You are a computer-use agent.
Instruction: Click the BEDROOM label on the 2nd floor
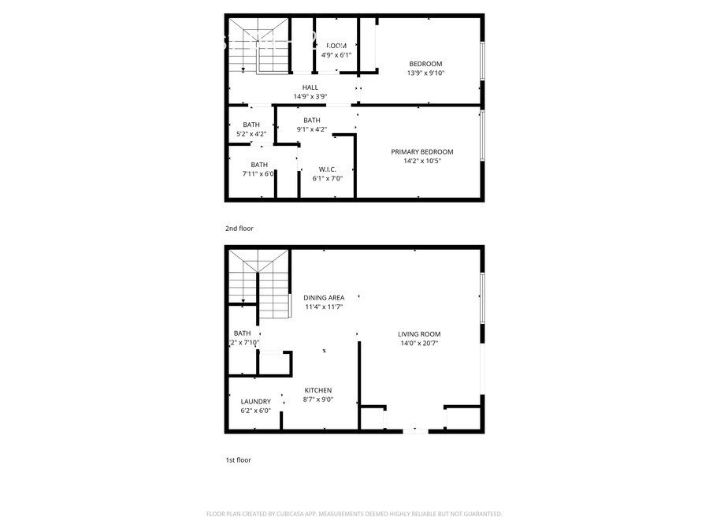click(x=425, y=64)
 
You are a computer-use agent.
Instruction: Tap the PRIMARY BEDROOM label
click(x=422, y=152)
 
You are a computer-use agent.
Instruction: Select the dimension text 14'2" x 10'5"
click(x=422, y=162)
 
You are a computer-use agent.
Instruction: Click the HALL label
click(x=310, y=87)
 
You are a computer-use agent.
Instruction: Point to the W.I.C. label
click(x=328, y=169)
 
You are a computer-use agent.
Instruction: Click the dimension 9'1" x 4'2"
click(x=311, y=129)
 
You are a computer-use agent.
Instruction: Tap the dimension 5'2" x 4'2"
click(x=251, y=134)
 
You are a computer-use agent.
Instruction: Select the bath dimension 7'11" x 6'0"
click(x=258, y=173)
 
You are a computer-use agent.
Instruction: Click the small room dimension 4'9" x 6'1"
click(x=336, y=55)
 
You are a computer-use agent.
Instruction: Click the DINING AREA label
click(x=324, y=298)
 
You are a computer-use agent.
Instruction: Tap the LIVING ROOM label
click(x=418, y=334)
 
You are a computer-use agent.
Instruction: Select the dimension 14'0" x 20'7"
click(x=418, y=344)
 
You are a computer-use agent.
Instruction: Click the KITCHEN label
click(x=318, y=390)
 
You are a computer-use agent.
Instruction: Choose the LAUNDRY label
click(x=255, y=401)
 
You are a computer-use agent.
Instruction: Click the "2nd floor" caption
click(x=239, y=229)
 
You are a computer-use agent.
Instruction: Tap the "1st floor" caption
click(x=238, y=459)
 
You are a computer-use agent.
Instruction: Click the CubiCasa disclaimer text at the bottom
click(x=354, y=514)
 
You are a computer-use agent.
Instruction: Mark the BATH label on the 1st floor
click(x=242, y=333)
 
